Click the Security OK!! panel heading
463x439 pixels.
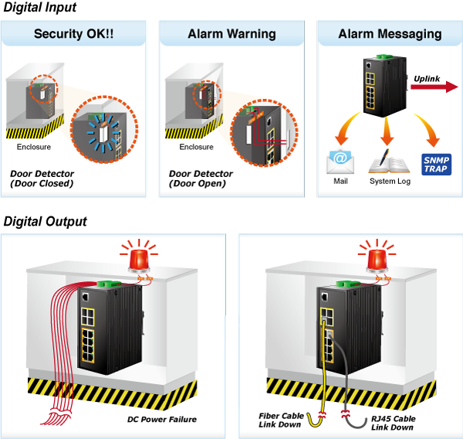(x=73, y=34)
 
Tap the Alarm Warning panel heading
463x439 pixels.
(x=231, y=34)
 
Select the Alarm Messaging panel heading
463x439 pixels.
(x=390, y=34)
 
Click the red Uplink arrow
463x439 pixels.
(x=434, y=87)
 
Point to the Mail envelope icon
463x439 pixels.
(x=340, y=162)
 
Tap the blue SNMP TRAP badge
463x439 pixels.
(x=437, y=165)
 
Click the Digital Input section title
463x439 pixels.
(x=40, y=8)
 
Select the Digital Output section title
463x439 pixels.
(x=46, y=222)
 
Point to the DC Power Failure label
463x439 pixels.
(x=162, y=419)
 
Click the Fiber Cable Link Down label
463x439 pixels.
(x=281, y=420)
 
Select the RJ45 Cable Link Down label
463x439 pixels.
(x=393, y=423)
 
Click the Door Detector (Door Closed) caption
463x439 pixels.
(x=42, y=179)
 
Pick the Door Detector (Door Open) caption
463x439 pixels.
(x=201, y=179)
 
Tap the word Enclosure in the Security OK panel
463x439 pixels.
(x=34, y=147)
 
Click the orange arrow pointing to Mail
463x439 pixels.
(x=347, y=128)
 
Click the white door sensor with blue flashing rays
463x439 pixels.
(x=103, y=134)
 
